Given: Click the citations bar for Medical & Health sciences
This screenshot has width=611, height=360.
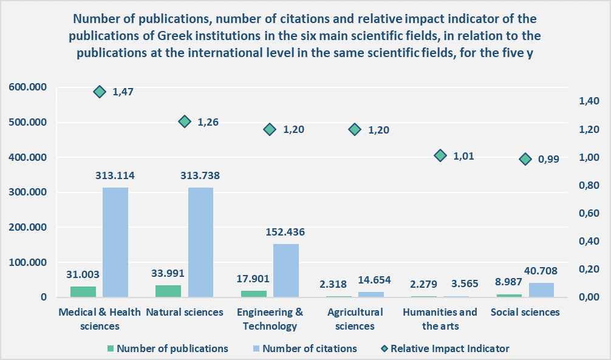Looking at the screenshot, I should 115,242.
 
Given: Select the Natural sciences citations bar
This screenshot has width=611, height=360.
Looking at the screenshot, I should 200,242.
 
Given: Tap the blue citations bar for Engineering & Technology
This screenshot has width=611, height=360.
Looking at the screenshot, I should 285,270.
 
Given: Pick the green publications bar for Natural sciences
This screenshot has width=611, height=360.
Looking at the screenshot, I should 168,291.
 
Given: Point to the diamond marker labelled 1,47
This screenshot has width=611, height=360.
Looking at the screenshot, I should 100,92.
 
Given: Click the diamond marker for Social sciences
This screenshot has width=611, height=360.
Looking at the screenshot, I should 525,159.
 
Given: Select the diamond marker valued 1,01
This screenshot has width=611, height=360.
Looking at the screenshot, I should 440,156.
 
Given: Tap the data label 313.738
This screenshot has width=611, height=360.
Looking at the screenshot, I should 200,176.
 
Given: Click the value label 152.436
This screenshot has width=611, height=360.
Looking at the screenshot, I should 285,232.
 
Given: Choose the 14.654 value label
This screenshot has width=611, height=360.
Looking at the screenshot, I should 371,280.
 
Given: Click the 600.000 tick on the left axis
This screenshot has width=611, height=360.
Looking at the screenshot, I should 29,87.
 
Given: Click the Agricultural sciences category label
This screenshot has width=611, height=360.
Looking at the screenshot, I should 355,319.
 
